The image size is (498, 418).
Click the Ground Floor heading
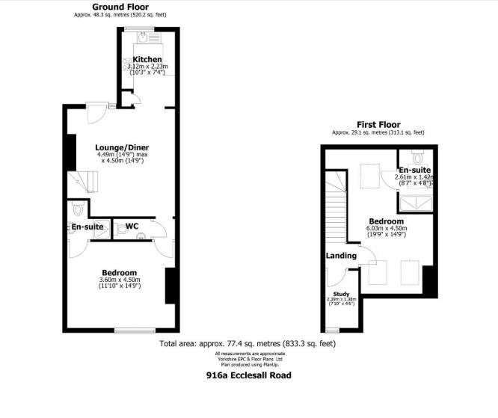(x=119, y=6)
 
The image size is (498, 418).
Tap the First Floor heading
(x=378, y=125)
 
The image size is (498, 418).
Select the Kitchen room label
(x=148, y=59)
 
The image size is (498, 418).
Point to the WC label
(x=132, y=225)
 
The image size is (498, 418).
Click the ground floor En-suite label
(x=87, y=226)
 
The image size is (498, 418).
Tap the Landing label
(x=339, y=256)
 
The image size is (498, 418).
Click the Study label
(x=342, y=294)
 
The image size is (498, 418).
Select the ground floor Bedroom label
(x=120, y=272)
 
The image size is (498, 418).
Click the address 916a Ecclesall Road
(x=248, y=375)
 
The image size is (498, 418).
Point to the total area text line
(x=248, y=344)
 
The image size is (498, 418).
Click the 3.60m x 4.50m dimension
(x=120, y=280)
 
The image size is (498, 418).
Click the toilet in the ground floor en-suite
(x=77, y=209)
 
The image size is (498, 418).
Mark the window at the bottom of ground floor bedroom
(x=135, y=330)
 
